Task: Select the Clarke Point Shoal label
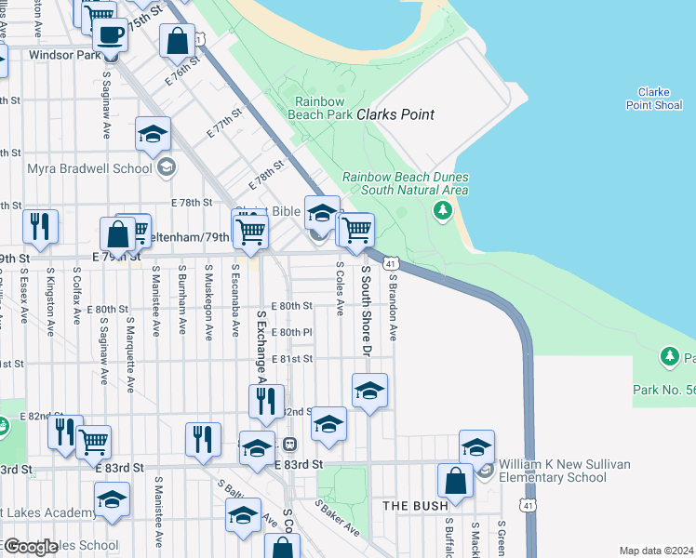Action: [x=654, y=99]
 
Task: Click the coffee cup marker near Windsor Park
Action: [x=110, y=35]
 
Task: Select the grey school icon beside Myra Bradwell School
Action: [x=167, y=168]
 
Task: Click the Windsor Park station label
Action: [x=64, y=55]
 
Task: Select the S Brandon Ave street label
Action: [x=394, y=306]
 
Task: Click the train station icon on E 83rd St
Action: [x=289, y=445]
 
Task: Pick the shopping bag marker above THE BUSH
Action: [x=455, y=483]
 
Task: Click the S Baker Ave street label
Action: [x=337, y=518]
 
